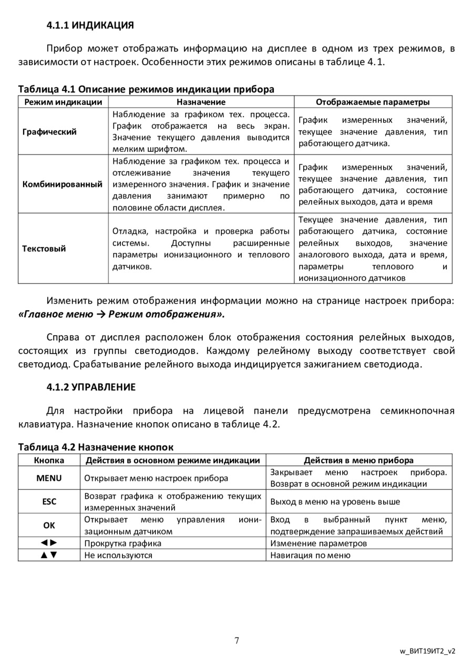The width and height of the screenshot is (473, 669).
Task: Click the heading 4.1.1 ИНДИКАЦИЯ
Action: coord(90,25)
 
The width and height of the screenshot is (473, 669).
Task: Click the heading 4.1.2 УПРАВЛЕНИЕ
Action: coord(91,387)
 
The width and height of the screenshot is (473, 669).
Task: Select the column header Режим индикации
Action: coord(63,102)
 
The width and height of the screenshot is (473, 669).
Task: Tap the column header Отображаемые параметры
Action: coord(372,102)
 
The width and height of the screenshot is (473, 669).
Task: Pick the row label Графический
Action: coord(49,132)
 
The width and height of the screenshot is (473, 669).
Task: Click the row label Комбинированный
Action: coord(63,184)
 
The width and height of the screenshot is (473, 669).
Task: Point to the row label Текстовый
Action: coord(44,248)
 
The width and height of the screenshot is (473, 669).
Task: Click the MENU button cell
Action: coord(49,478)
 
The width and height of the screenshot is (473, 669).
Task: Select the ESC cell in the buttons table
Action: coord(49,501)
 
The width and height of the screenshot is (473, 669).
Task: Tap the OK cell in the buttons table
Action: coord(49,525)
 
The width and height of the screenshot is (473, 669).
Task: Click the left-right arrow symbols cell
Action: coord(49,543)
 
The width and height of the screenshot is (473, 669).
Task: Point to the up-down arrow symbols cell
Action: coord(49,555)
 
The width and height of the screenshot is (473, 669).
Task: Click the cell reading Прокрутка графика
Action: coord(123,543)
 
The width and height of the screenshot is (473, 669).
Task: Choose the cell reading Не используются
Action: coord(118,555)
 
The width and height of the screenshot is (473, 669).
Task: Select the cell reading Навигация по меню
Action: coord(310,555)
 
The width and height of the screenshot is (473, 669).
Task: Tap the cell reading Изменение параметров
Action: coord(318,543)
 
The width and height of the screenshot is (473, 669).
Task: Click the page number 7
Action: coord(236,640)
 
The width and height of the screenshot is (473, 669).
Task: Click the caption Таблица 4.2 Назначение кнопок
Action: coord(96,447)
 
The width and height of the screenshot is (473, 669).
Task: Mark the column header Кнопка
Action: coord(49,460)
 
